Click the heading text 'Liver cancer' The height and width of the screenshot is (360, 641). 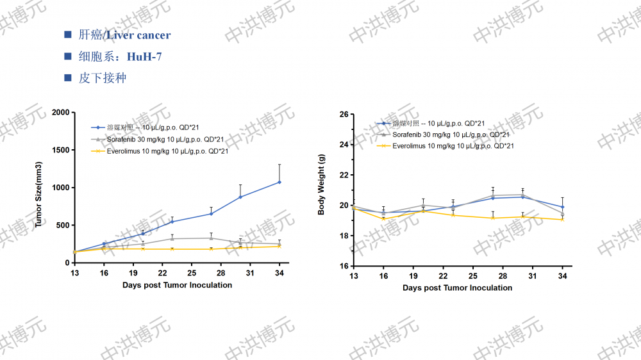[138, 35]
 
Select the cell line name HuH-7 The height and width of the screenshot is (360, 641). [144, 57]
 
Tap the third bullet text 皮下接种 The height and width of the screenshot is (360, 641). [103, 78]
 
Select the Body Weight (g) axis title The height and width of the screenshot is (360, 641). [322, 190]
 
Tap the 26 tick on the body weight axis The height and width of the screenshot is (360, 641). [344, 115]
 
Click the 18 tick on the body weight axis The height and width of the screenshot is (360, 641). [344, 236]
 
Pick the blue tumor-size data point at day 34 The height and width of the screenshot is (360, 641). [279, 182]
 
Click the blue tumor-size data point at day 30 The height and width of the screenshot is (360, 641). [240, 197]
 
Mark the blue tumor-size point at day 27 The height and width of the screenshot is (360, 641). [211, 213]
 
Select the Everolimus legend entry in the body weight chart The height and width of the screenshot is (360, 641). [453, 146]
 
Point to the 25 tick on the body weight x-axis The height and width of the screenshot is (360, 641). [472, 275]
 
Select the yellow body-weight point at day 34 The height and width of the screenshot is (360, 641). [563, 220]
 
